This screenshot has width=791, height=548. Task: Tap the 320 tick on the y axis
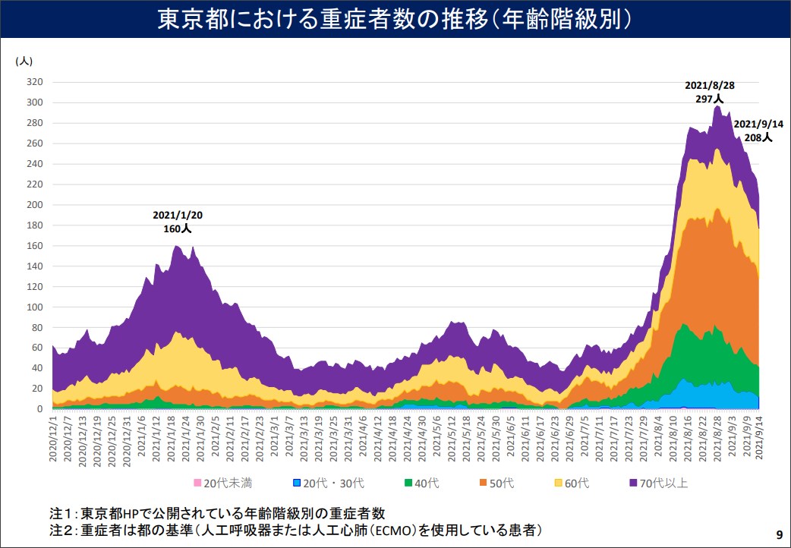(34, 82)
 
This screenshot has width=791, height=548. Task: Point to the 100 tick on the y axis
(34, 307)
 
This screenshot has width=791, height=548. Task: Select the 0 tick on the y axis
(39, 409)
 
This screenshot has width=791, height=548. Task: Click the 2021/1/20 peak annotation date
(178, 215)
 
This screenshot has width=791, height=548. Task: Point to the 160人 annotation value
(178, 227)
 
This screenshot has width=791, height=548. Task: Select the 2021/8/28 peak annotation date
(710, 86)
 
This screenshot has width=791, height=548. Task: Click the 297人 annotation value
(710, 99)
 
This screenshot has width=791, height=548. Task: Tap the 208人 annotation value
(758, 137)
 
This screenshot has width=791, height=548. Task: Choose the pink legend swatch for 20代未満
(198, 483)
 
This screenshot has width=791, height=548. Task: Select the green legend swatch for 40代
(408, 483)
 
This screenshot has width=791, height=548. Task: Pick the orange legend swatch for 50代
(483, 483)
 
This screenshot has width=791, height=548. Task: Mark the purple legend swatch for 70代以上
(632, 483)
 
